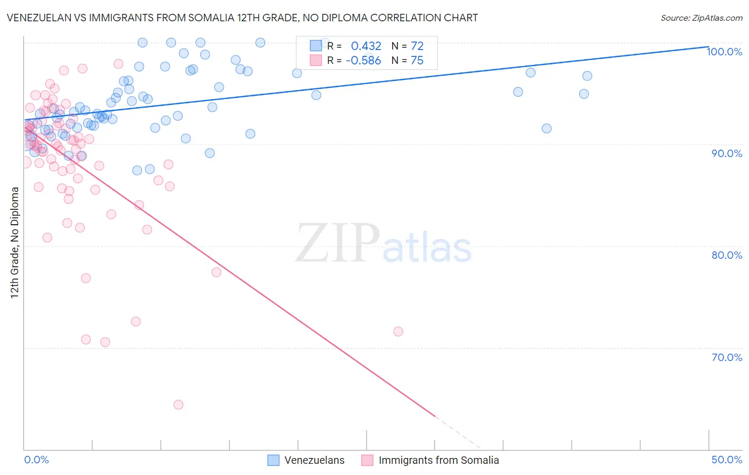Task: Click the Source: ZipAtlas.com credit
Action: (x=701, y=18)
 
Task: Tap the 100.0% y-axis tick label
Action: (x=724, y=52)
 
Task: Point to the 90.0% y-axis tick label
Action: (x=727, y=153)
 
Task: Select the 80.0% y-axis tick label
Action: (x=727, y=255)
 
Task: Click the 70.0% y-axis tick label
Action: (x=727, y=357)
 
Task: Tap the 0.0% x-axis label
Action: (x=36, y=460)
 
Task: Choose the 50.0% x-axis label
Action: (x=727, y=460)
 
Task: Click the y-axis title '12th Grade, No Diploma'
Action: (x=15, y=242)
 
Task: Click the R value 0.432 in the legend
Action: (x=366, y=46)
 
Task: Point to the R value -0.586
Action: (x=363, y=61)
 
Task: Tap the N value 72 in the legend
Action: (x=417, y=46)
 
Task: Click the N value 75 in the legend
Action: (x=417, y=61)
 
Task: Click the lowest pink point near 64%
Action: (x=178, y=405)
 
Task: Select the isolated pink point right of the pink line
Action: (x=398, y=331)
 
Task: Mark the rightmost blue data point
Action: (x=587, y=76)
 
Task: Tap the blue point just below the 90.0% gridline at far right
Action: (x=547, y=128)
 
